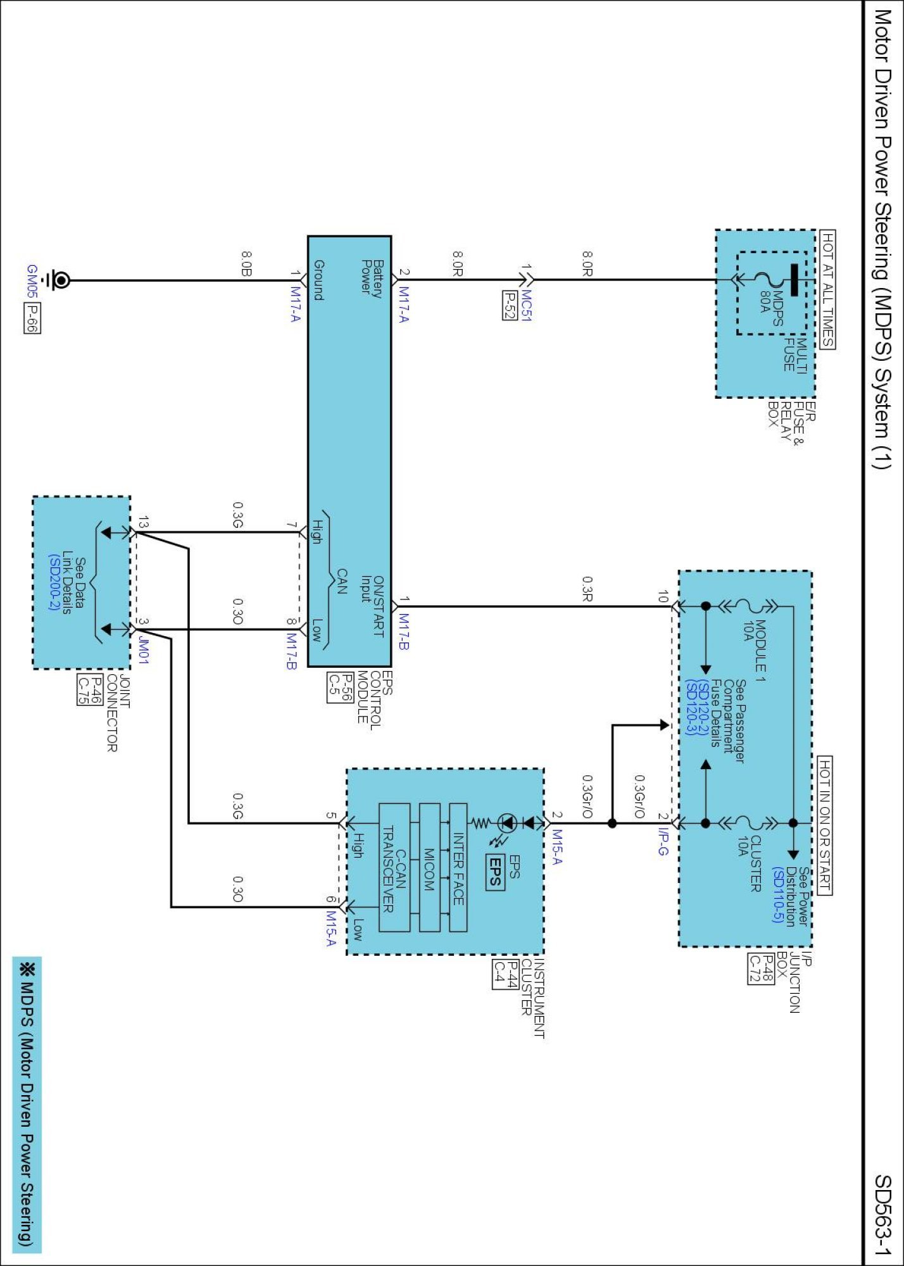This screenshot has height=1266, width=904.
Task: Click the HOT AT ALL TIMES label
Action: [x=827, y=289]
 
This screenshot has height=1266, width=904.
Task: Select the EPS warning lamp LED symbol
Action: [x=508, y=824]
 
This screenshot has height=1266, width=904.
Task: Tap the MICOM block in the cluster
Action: [x=430, y=868]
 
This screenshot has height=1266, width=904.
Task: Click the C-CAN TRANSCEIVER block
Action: [x=394, y=868]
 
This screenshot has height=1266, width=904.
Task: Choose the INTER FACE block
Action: [x=458, y=868]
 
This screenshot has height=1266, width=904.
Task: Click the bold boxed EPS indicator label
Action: [x=495, y=872]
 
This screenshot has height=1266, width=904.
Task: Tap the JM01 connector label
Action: [x=144, y=650]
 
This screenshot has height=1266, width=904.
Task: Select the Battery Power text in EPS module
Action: [x=372, y=277]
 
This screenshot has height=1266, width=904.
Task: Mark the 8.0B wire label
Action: [x=246, y=264]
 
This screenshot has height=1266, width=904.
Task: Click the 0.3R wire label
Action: [x=587, y=589]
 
